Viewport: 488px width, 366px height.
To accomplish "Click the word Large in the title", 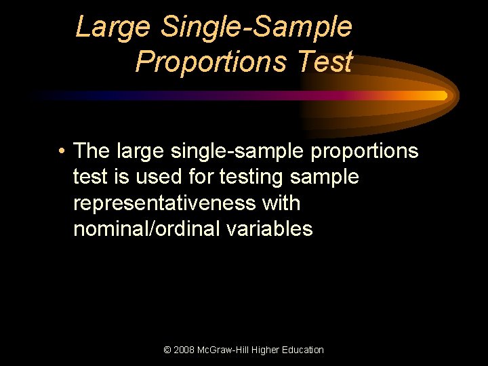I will (113, 28).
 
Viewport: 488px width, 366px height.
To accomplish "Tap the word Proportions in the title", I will (211, 62).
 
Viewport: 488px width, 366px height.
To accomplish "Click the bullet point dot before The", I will (62, 151).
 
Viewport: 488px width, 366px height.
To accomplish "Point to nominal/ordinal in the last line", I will (147, 229).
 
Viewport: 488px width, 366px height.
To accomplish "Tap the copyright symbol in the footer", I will (167, 350).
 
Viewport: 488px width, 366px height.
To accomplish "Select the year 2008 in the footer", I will (184, 350).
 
